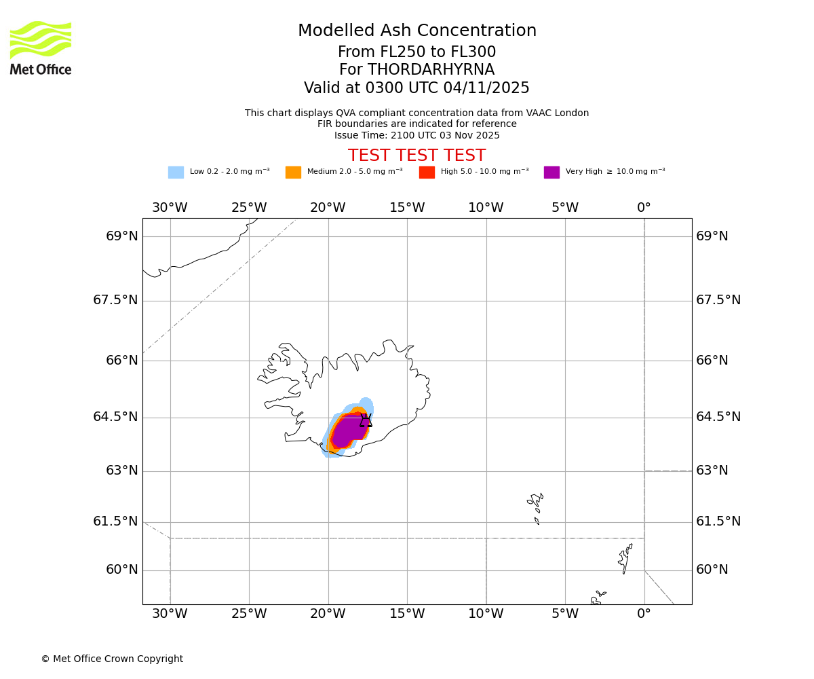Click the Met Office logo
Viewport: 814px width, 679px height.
click(x=41, y=48)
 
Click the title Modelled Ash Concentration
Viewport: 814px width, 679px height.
click(x=417, y=31)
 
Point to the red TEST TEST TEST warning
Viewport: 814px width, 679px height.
click(x=416, y=155)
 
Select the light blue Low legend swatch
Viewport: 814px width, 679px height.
click(x=176, y=172)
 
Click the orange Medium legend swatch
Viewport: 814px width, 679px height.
click(x=293, y=172)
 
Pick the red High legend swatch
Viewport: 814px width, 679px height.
click(x=427, y=172)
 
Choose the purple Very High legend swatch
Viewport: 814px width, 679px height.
click(x=551, y=172)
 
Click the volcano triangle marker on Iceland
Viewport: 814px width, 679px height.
click(x=366, y=421)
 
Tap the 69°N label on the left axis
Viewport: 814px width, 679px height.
click(x=122, y=236)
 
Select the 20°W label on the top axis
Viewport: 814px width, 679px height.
click(x=328, y=208)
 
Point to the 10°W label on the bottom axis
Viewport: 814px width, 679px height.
click(x=486, y=614)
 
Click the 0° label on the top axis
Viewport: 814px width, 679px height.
click(x=644, y=208)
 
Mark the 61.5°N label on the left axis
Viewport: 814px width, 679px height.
click(x=115, y=521)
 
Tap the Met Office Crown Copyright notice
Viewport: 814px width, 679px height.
click(x=112, y=659)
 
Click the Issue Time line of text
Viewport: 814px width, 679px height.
click(x=416, y=135)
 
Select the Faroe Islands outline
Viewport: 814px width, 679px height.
click(x=536, y=506)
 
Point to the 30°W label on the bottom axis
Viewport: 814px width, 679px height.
click(x=170, y=614)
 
